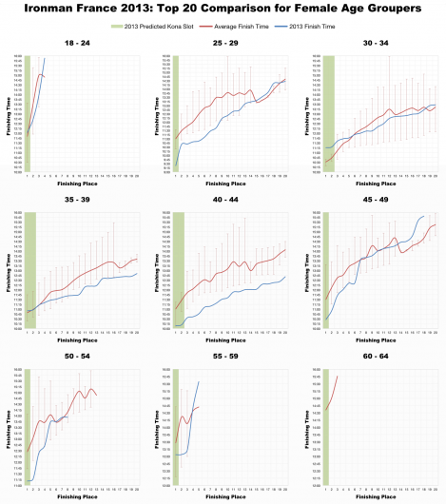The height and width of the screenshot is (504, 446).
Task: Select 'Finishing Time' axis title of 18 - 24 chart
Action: coord(9,114)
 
